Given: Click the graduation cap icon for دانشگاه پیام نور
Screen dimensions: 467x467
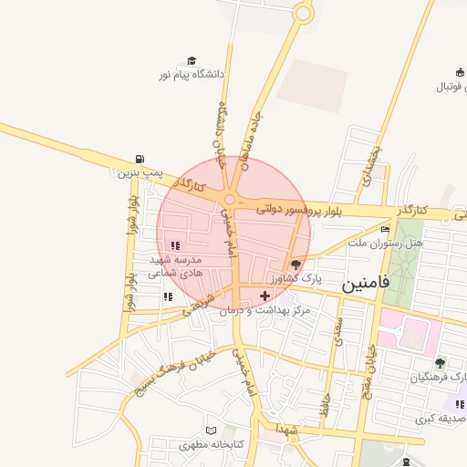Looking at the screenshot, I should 192,60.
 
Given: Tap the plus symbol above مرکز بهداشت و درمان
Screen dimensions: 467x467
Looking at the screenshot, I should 265,295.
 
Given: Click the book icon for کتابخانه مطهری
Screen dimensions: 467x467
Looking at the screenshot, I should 212,431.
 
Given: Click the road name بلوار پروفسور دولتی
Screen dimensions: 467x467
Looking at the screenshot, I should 297,210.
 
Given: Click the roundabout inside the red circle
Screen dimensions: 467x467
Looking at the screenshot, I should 231,201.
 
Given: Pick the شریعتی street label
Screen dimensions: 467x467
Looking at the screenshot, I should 202,304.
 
